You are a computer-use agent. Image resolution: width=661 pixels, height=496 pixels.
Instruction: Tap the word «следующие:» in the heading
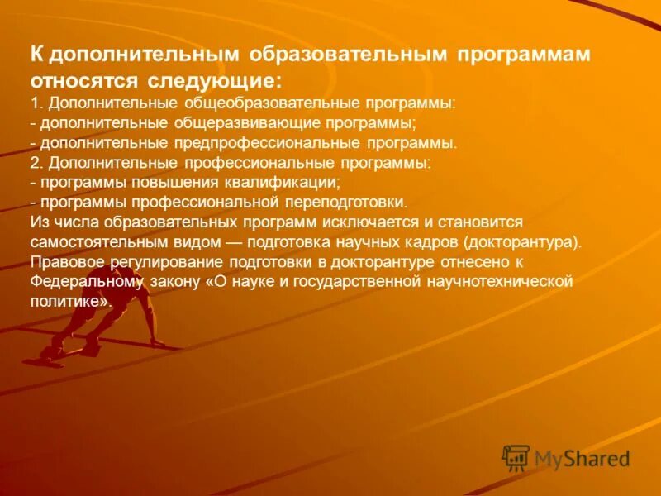216,81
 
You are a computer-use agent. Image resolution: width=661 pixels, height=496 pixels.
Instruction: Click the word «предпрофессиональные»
249,142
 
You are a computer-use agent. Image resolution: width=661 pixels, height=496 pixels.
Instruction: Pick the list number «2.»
36,162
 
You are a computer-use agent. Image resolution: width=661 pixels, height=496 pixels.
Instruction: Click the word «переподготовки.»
343,202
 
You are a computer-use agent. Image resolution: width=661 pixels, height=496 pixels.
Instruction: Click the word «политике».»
70,302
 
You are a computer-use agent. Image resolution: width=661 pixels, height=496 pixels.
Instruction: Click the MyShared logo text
581,459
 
